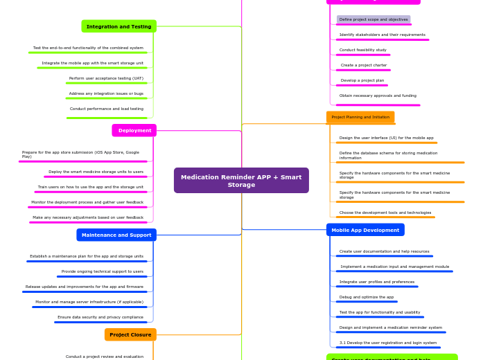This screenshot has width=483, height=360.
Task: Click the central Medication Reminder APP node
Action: [x=241, y=181]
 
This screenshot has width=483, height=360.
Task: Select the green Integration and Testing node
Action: [x=118, y=26]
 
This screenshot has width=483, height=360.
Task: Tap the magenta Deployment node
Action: [x=134, y=130]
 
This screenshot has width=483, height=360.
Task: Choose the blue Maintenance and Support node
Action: [x=116, y=235]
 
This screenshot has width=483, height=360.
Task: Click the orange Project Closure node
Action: [x=130, y=334]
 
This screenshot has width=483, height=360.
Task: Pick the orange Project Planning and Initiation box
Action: [x=360, y=117]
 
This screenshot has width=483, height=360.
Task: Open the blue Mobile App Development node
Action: [x=365, y=230]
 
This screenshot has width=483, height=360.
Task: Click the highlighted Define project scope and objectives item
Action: [x=374, y=19]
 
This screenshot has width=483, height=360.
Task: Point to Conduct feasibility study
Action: [x=363, y=50]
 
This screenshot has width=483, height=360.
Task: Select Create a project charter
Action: [x=364, y=65]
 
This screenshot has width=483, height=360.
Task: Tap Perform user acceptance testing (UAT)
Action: [x=106, y=78]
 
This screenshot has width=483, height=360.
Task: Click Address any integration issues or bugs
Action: [x=106, y=93]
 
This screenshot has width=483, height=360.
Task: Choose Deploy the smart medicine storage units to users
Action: [x=96, y=172]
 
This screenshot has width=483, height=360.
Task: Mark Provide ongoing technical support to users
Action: [x=103, y=271]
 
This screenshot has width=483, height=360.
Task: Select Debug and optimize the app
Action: [x=367, y=297]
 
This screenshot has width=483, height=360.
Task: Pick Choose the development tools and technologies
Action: [x=385, y=213]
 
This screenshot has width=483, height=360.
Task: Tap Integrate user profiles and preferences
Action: [x=377, y=282]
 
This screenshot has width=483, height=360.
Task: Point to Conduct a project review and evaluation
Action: [x=105, y=357]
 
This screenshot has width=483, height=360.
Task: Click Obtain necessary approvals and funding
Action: [x=378, y=96]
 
